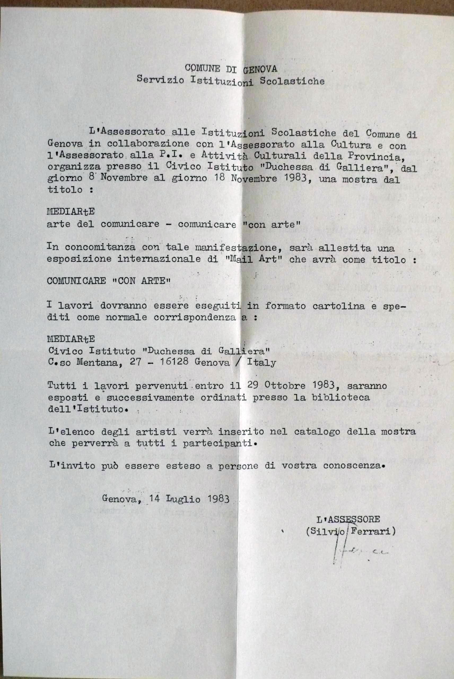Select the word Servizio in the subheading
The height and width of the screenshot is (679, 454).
(x=160, y=79)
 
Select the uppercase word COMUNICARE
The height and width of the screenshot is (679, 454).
(x=76, y=281)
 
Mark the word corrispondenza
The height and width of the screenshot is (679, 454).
(x=195, y=317)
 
